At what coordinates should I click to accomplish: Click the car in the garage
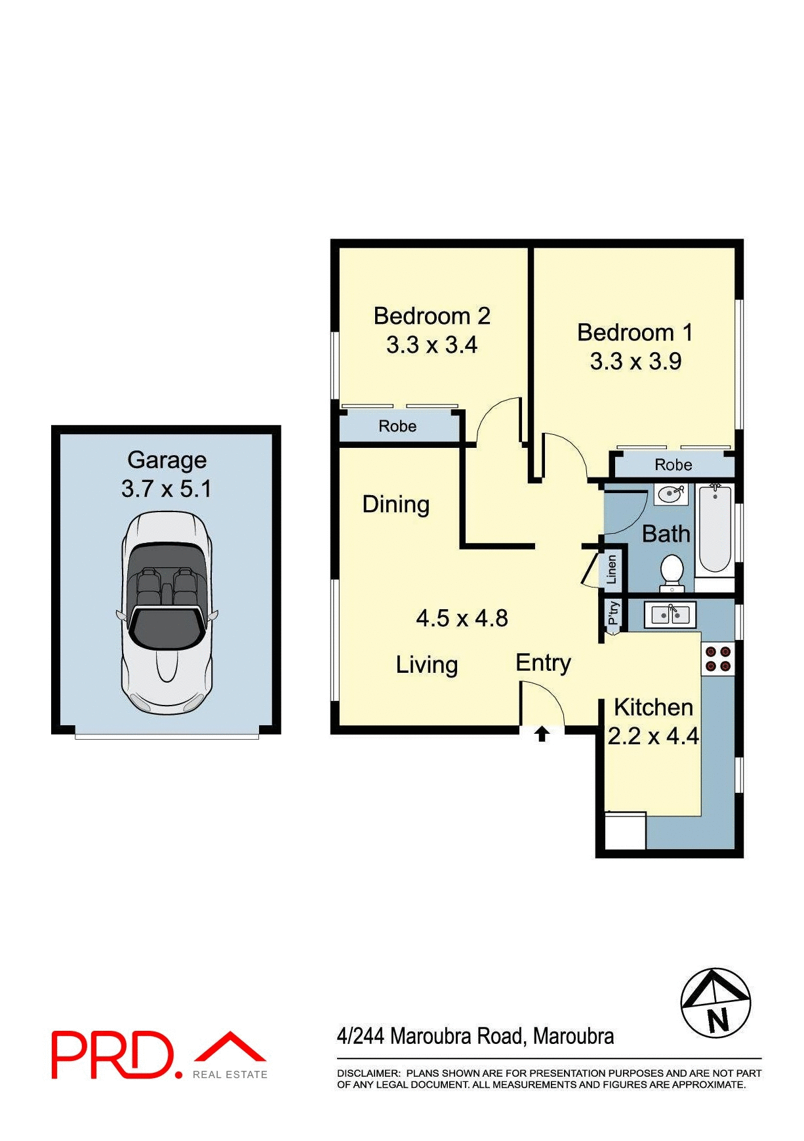[167, 612]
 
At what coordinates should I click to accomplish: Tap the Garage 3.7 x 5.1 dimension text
[167, 489]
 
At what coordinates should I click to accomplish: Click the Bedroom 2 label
[432, 316]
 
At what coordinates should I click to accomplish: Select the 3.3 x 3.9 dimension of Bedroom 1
[635, 361]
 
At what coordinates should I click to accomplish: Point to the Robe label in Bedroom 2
[397, 426]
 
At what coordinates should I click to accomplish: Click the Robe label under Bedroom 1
[673, 465]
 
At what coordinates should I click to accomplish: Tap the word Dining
[395, 504]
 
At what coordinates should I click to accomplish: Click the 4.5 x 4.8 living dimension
[462, 618]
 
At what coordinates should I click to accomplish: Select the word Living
[427, 665]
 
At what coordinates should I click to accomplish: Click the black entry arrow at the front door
[542, 734]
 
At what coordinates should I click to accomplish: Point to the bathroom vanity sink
[670, 494]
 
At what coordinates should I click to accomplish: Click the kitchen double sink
[670, 615]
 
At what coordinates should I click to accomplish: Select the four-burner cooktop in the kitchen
[718, 659]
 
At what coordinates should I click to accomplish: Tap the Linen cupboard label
[612, 569]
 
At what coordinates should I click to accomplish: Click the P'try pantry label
[613, 614]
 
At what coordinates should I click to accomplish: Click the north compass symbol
[715, 1003]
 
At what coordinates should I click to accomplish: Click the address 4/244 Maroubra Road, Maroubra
[475, 1036]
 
